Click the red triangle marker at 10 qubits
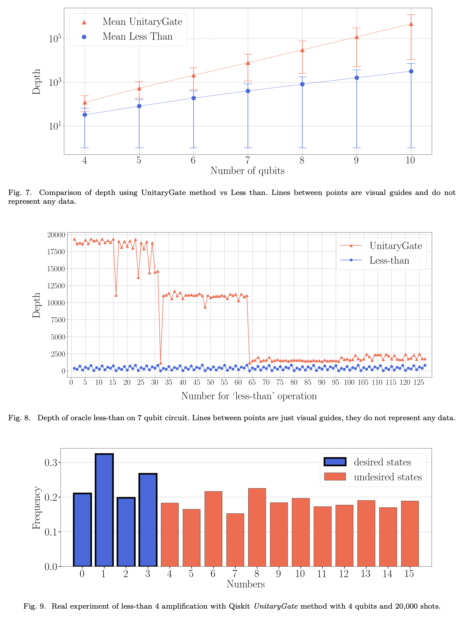pos(411,24)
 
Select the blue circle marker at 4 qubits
pos(85,115)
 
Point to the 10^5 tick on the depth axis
pos(54,39)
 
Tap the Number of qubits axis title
pos(247,171)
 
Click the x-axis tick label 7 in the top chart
pos(248,161)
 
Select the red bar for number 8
pos(257,527)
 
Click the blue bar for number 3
pos(148,520)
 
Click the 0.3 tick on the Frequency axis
pos(51,463)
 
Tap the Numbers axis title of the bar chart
pos(245,585)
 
